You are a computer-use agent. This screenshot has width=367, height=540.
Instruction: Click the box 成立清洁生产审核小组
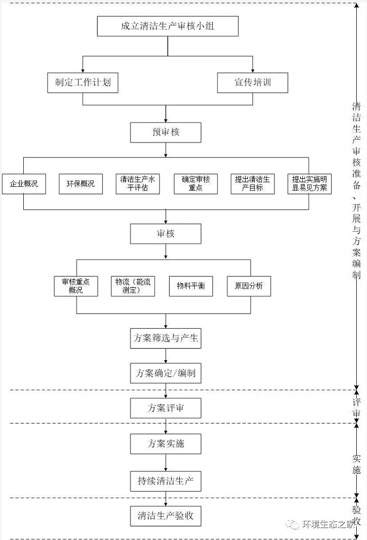coord(167,26)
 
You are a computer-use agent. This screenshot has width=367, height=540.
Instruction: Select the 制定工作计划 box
coord(83,83)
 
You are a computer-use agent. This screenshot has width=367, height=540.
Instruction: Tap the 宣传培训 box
coord(252,83)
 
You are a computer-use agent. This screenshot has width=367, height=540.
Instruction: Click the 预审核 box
coord(166,132)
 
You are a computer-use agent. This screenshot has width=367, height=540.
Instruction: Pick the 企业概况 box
coord(24,184)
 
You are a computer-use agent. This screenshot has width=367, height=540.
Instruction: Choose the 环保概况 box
coord(81,184)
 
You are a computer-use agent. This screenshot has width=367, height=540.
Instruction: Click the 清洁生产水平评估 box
coord(137,184)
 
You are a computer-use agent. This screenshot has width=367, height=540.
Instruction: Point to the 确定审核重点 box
coord(196,184)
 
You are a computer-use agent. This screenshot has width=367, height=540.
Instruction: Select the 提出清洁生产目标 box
coord(252,184)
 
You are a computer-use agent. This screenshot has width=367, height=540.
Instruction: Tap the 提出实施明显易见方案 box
coord(309,184)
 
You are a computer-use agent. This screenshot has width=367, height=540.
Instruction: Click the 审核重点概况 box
coord(76,286)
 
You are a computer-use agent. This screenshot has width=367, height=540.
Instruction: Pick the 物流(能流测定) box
coord(132,286)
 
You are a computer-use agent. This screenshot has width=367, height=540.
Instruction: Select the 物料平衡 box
coord(191,286)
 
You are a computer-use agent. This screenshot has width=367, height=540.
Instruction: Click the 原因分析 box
coord(248,286)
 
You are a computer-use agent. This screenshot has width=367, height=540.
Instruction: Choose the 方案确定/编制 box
coord(166,374)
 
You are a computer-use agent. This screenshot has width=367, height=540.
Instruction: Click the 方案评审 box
coord(166,408)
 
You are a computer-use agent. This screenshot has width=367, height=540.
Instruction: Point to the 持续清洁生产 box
coord(166,482)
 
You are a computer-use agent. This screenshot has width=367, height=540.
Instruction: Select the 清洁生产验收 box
coord(166,516)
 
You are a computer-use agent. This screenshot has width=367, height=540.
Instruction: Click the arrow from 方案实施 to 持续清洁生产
coord(166,462)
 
